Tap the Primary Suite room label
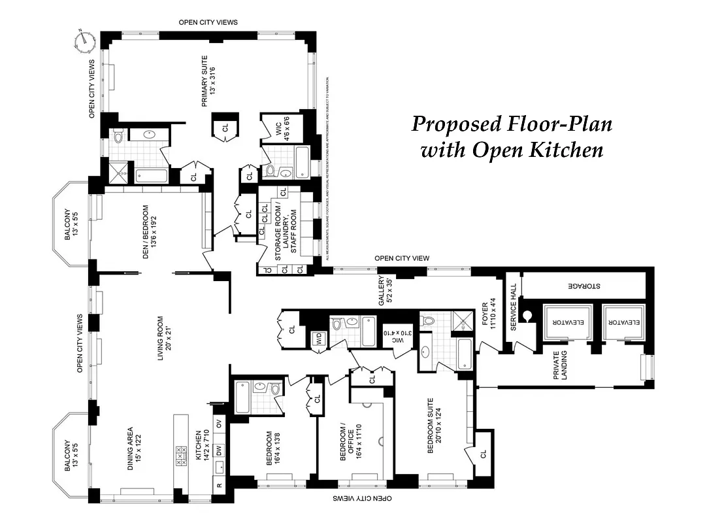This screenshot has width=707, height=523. (x=207, y=81)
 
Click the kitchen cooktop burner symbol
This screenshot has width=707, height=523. (x=180, y=455)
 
